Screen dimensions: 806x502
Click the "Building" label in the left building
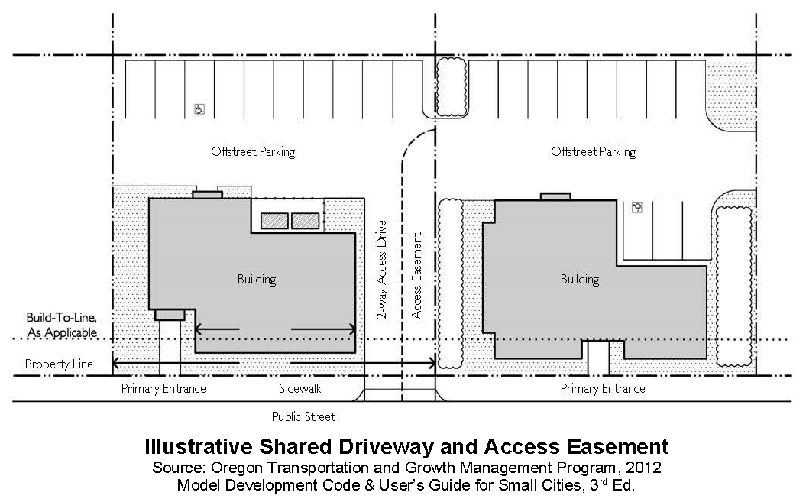coord(257,280)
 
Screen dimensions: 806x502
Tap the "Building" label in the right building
coord(580,280)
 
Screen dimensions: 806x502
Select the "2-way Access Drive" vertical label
coord(381,270)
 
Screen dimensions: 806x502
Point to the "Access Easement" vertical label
coord(417,276)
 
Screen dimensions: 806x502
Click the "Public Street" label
coord(303,416)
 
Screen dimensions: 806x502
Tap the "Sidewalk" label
coord(300,388)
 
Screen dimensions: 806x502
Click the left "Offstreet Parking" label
coord(254,152)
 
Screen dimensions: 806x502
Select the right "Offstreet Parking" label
coord(594,152)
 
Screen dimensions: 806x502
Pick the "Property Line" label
coord(59,364)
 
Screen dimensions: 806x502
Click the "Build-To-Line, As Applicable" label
coord(62,325)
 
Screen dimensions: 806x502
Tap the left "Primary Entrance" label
coord(163,389)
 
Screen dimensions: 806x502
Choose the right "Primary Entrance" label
coord(603,389)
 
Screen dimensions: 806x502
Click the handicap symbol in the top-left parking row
coord(199,109)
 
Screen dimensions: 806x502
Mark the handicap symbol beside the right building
coord(637,208)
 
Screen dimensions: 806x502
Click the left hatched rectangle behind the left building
coord(274,221)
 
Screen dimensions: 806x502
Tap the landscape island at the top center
coord(452,87)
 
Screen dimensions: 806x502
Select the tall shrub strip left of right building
coord(451,283)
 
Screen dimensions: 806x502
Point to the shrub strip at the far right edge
coord(734,287)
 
